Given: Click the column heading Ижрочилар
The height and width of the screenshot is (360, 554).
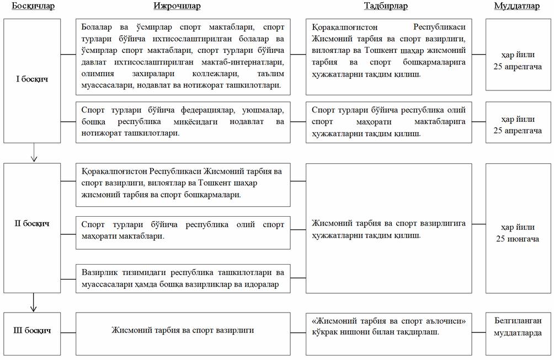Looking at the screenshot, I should [x=176, y=7].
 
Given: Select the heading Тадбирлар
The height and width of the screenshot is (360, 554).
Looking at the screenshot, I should [x=386, y=7].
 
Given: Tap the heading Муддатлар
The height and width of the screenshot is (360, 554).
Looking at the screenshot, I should [x=517, y=7].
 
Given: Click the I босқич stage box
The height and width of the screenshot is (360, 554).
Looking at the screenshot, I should [x=31, y=79].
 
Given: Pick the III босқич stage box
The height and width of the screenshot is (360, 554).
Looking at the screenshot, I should [x=31, y=330].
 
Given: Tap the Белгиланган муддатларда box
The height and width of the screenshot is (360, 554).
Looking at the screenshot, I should [x=517, y=326].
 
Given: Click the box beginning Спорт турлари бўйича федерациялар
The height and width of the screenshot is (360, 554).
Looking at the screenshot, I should [x=183, y=122].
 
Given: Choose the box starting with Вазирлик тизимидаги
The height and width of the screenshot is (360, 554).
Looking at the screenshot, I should [x=183, y=278].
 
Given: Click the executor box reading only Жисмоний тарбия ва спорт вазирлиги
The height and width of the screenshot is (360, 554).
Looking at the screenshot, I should [x=183, y=330].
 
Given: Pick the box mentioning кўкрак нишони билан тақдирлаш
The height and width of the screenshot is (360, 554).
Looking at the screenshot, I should [x=388, y=326].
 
